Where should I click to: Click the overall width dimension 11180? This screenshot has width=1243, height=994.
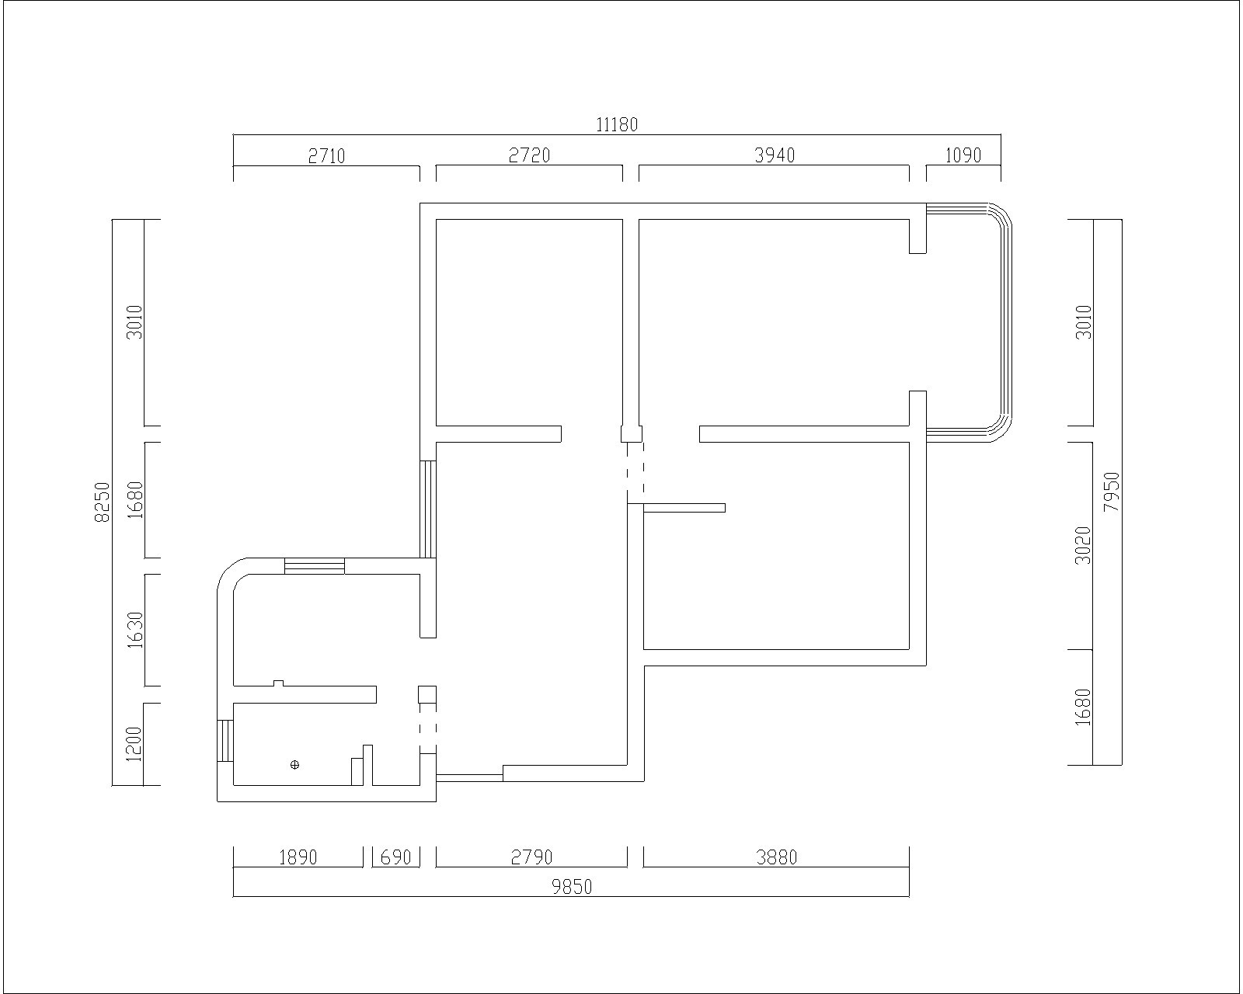616,125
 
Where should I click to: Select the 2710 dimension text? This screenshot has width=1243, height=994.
326,156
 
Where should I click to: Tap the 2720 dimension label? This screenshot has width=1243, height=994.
529,155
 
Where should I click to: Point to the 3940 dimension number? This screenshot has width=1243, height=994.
775,155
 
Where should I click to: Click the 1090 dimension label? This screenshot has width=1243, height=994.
963,155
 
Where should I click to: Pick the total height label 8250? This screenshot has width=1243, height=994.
102,502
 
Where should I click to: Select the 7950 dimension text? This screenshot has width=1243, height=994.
1111,492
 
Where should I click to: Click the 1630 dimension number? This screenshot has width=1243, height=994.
134,630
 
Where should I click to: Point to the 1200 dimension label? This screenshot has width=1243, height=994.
134,744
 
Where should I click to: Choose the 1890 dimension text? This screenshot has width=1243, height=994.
298,857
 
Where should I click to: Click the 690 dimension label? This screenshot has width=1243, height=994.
395,857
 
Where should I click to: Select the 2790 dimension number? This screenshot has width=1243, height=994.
531,857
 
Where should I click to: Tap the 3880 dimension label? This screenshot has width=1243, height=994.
776,857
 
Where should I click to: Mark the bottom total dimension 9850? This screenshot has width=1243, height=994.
572,887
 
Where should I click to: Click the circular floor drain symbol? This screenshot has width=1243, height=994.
294,765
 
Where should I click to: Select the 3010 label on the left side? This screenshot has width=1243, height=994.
134,321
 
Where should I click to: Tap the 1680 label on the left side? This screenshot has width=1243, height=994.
134,499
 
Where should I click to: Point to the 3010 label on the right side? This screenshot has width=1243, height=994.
1084,321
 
